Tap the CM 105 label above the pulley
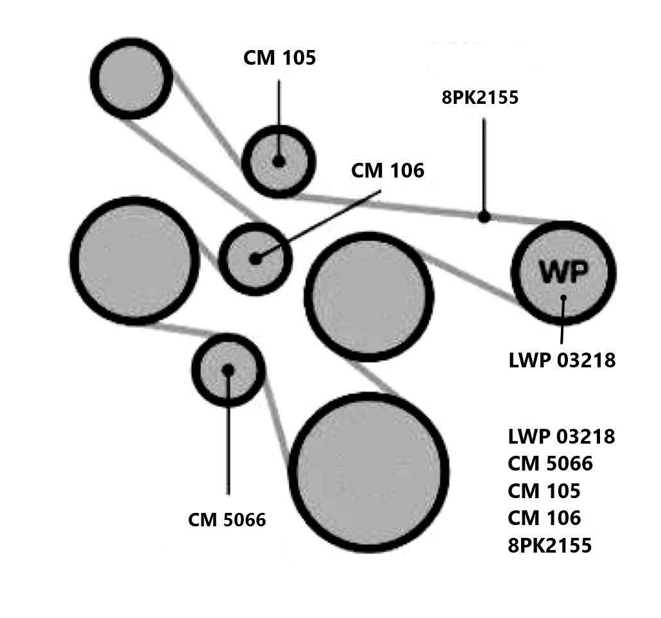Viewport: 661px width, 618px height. click(x=280, y=58)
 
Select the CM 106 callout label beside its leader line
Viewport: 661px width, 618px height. click(x=388, y=171)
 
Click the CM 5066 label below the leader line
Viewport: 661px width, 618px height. click(x=227, y=520)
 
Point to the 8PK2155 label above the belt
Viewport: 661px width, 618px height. click(x=480, y=97)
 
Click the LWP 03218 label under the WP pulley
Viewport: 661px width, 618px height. click(x=562, y=361)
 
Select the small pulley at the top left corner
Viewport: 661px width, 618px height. click(x=132, y=78)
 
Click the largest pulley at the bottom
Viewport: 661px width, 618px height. click(x=368, y=472)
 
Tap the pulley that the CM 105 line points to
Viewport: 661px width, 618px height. click(x=279, y=161)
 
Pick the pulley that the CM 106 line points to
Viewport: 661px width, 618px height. click(x=255, y=259)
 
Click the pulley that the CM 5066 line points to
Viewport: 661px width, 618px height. click(x=228, y=370)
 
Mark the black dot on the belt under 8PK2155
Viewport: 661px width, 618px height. click(x=485, y=217)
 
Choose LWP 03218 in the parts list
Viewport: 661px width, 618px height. click(x=561, y=437)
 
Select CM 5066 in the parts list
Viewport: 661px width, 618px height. click(x=550, y=464)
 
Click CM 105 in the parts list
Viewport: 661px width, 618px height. click(x=544, y=491)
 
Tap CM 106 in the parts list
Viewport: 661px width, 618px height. click(x=544, y=518)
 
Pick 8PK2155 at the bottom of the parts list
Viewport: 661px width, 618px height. click(x=549, y=546)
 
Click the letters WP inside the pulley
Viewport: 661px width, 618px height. click(x=562, y=272)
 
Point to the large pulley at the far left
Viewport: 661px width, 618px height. click(x=134, y=260)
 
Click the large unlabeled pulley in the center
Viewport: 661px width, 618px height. click(x=368, y=296)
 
